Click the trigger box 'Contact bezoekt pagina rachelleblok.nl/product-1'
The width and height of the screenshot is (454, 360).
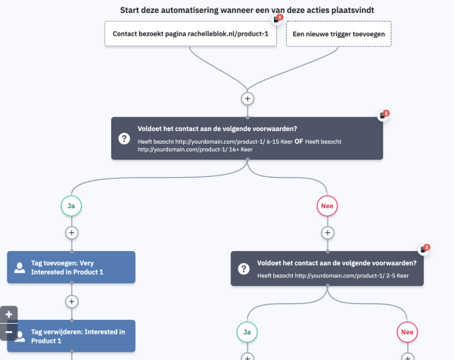(x=190, y=34)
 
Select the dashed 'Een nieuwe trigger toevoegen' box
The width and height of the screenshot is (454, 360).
(x=338, y=34)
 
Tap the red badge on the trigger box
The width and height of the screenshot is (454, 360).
(x=279, y=17)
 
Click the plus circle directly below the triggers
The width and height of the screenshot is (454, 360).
(x=247, y=98)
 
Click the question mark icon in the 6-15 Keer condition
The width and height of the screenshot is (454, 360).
(x=124, y=138)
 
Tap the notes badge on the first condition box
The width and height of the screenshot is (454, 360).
(x=384, y=114)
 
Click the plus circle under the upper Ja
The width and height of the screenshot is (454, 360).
(x=72, y=232)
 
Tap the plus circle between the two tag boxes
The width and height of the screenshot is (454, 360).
(x=72, y=301)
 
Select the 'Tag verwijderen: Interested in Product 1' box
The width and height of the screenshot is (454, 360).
(x=71, y=336)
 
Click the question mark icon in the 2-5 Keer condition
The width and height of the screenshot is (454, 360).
(x=244, y=268)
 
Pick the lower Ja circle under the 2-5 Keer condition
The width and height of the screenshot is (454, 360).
(x=247, y=332)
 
